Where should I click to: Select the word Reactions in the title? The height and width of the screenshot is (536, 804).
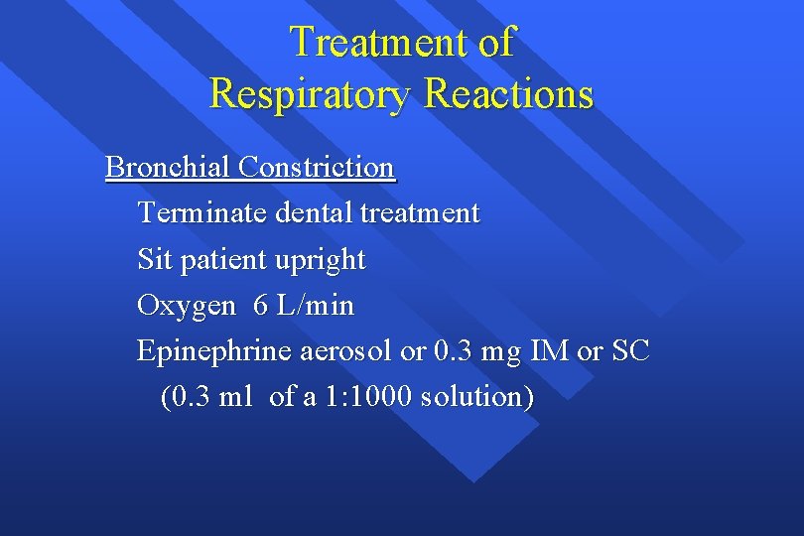click(508, 94)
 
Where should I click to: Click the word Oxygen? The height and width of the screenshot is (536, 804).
click(187, 307)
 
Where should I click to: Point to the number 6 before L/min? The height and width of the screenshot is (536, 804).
click(261, 306)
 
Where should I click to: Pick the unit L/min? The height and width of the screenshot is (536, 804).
click(315, 306)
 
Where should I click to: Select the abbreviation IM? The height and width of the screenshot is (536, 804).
click(550, 351)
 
